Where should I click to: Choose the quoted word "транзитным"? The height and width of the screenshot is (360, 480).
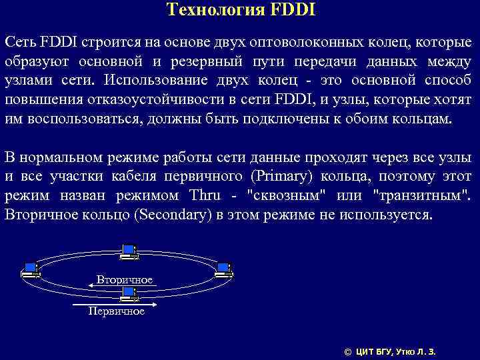pos(421,197)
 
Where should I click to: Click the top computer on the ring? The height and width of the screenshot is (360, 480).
pos(129,251)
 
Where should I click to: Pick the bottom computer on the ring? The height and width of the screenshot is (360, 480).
pos(129,294)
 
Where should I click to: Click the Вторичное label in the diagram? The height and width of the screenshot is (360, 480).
pos(124,279)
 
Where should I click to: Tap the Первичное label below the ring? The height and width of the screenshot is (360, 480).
pos(117,311)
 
